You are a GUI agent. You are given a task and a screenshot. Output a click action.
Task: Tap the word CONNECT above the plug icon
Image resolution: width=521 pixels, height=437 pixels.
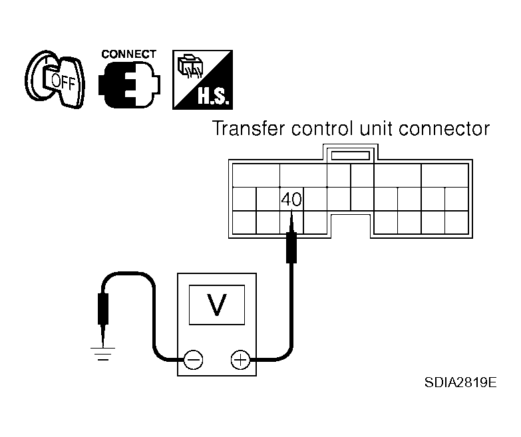tap(129, 53)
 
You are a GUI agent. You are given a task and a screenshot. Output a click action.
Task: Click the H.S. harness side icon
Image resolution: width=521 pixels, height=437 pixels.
tap(202, 79)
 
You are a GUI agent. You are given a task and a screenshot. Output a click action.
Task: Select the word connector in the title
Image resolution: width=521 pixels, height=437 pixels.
tap(447, 129)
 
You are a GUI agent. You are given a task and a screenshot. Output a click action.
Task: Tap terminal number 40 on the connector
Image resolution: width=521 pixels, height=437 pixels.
tap(291, 199)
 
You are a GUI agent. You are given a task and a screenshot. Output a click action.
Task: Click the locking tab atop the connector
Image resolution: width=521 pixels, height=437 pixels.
tap(350, 155)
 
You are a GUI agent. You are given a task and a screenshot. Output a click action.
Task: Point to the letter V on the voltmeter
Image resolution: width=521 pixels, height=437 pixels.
tap(216, 305)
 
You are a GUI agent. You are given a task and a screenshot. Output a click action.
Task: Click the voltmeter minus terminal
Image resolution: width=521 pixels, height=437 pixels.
tap(194, 361)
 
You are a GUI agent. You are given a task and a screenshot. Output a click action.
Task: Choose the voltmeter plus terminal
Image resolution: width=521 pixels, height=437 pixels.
tap(239, 361)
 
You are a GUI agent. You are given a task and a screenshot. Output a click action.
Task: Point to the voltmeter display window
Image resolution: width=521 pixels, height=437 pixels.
tap(216, 305)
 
